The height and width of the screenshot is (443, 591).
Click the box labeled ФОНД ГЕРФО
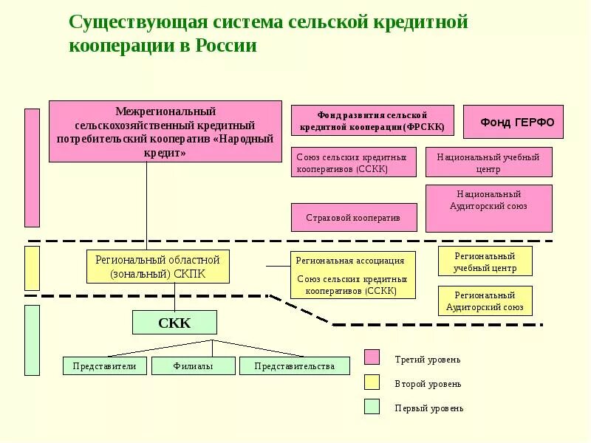click(513, 122)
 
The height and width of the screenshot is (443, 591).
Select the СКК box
click(174, 323)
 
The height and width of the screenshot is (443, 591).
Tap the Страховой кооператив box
click(353, 217)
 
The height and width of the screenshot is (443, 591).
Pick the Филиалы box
click(193, 365)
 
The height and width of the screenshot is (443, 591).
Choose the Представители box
click(105, 365)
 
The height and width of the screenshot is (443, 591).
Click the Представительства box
click(294, 365)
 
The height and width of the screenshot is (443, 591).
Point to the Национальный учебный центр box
click(488, 162)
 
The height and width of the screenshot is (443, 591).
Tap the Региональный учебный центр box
click(485, 261)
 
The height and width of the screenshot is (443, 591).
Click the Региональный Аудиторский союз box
click(485, 301)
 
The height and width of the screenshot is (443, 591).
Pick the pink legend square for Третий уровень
click(372, 358)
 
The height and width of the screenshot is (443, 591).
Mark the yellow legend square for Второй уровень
click(372, 382)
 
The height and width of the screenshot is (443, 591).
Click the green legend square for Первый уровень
click(372, 407)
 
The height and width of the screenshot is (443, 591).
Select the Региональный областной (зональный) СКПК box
click(158, 267)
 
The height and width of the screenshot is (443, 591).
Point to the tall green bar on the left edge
click(32, 340)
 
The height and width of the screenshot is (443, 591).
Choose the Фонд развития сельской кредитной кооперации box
click(372, 121)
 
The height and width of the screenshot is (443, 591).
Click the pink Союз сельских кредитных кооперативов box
click(353, 162)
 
